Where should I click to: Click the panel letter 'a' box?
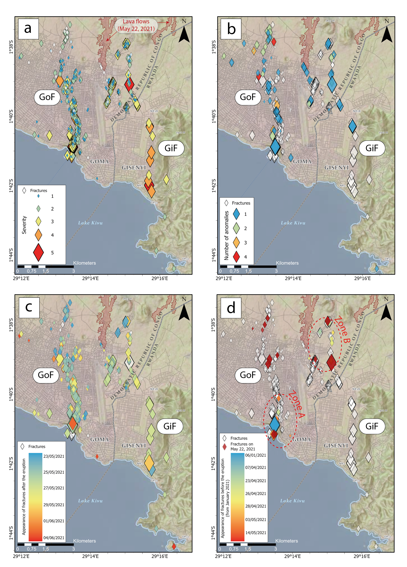click(x=28, y=28)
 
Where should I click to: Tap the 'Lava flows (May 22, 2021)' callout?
click(x=136, y=25)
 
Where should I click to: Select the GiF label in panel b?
click(x=372, y=148)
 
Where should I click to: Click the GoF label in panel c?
click(x=46, y=375)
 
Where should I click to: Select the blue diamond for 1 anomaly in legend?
click(x=236, y=214)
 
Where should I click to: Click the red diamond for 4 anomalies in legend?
click(x=236, y=257)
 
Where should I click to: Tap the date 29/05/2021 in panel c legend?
click(x=54, y=504)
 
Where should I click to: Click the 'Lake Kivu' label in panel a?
click(x=90, y=223)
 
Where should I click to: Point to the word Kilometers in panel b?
click(x=287, y=263)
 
